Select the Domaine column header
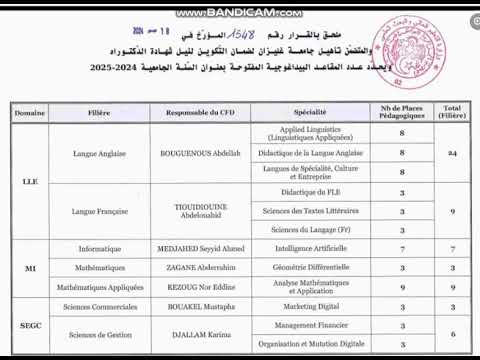[30, 114]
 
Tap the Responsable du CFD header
[200, 114]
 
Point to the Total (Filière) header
[452, 114]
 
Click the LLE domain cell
[30, 182]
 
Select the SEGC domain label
[30, 326]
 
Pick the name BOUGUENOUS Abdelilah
[201, 153]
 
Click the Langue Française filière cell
[99, 211]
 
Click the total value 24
[452, 153]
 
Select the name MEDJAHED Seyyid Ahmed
[201, 249]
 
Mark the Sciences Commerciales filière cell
[99, 306]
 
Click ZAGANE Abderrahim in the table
[201, 268]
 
